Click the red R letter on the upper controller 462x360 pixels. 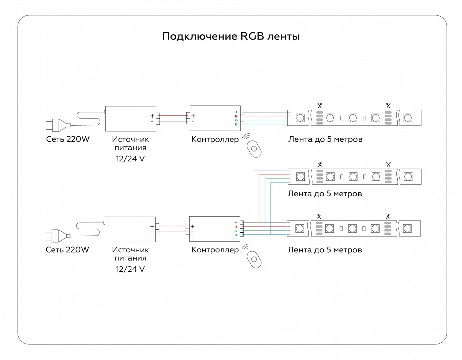(x=236, y=116)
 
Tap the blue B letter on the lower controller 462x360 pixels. (x=236, y=235)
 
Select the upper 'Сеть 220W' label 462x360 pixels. (x=67, y=139)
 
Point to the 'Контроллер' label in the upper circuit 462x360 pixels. (x=215, y=139)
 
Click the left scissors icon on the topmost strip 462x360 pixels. (x=319, y=105)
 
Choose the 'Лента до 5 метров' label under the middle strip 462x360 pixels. (x=325, y=193)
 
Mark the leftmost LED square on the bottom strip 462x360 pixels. (x=300, y=229)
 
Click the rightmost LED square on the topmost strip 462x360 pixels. (x=407, y=118)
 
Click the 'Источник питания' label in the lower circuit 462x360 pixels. (x=130, y=254)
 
